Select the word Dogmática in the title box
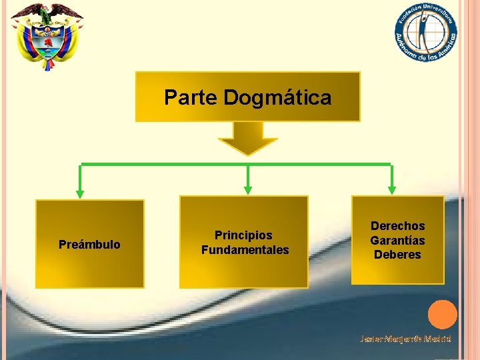(277, 98)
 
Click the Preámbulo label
(89, 245)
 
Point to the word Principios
(243, 235)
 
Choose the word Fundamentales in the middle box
(245, 250)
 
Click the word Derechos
(397, 226)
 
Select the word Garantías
(397, 240)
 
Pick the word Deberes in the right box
(397, 255)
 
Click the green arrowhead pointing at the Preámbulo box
(81, 193)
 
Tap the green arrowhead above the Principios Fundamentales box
(248, 189)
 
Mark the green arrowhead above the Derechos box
(392, 189)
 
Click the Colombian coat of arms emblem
(47, 37)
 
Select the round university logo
(425, 32)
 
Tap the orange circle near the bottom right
(442, 315)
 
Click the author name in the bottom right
(405, 339)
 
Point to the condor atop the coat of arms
(47, 12)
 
